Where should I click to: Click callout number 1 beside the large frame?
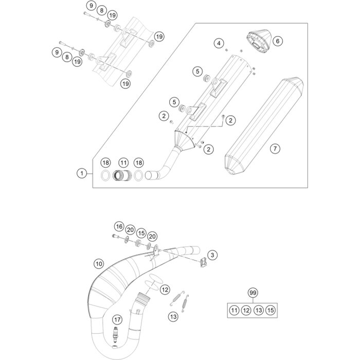coord(81,174)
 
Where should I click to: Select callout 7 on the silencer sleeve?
coord(275,149)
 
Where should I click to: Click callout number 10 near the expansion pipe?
coord(98,264)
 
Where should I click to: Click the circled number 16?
coord(119,226)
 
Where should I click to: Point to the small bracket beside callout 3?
coord(202,263)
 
